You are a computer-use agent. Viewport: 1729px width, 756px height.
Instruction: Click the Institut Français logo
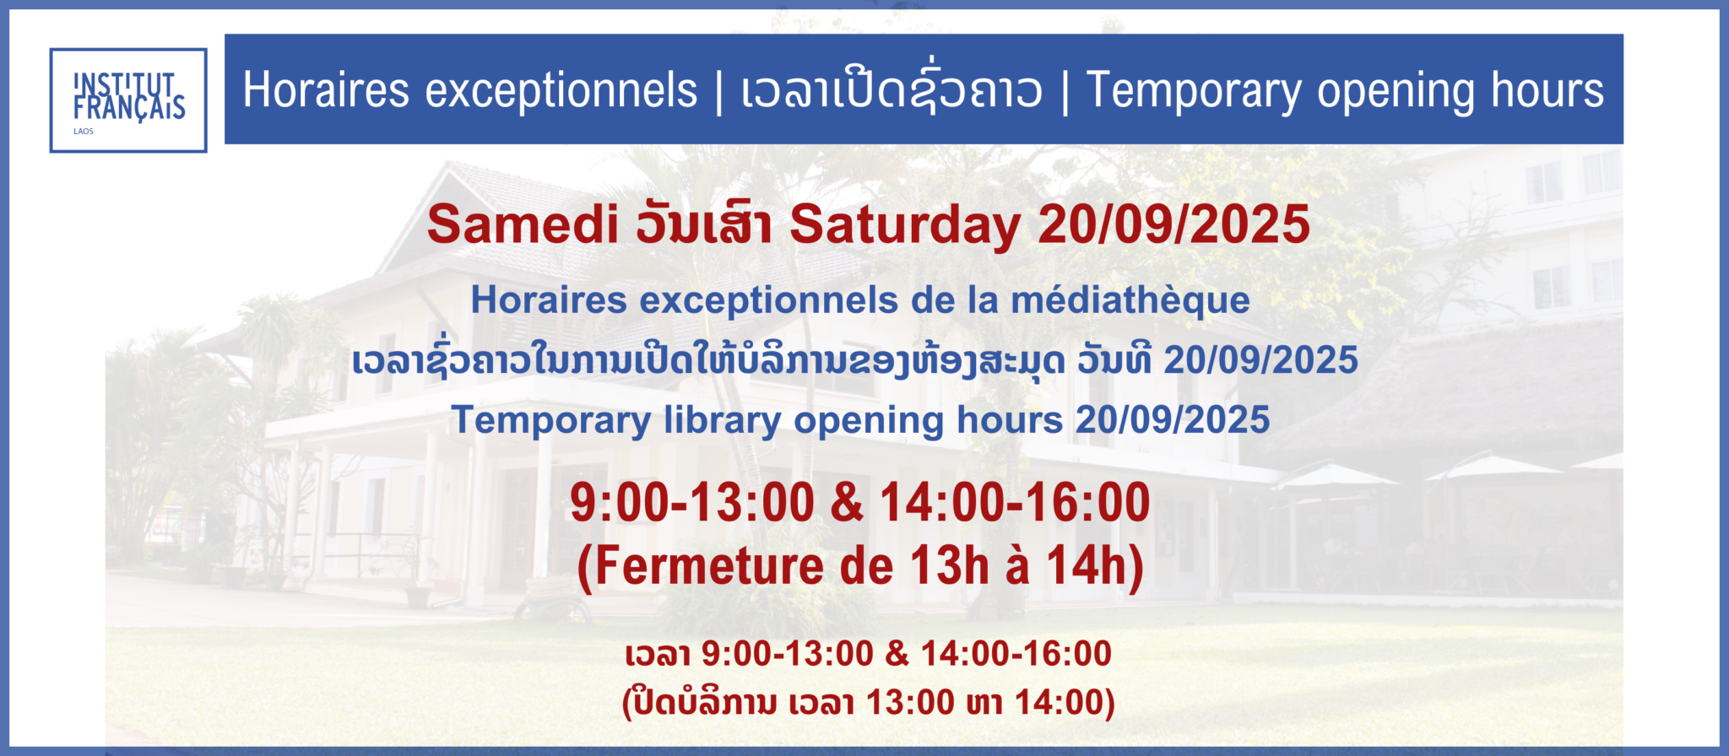coord(128,100)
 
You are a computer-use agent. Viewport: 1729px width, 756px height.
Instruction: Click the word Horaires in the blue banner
coord(326,90)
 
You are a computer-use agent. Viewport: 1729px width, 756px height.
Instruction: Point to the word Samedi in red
coord(523,224)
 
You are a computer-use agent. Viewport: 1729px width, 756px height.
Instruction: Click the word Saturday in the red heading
coord(905,226)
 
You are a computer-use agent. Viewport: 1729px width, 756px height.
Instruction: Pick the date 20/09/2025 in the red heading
coord(1173,224)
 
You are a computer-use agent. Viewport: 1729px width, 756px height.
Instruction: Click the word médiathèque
coord(1130,300)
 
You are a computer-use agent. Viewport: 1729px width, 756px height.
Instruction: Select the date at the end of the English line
coord(1173,420)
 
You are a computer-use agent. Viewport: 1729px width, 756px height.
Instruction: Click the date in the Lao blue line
coord(1261,360)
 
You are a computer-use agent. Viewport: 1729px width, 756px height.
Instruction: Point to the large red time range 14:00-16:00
coord(1015,503)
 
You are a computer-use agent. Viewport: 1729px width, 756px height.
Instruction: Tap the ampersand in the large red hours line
coord(847,503)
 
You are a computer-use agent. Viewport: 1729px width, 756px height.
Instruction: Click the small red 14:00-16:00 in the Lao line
coord(1016,654)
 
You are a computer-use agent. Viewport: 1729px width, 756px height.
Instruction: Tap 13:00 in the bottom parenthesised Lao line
coord(910,703)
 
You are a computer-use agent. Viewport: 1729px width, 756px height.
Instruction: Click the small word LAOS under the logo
coord(84,132)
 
